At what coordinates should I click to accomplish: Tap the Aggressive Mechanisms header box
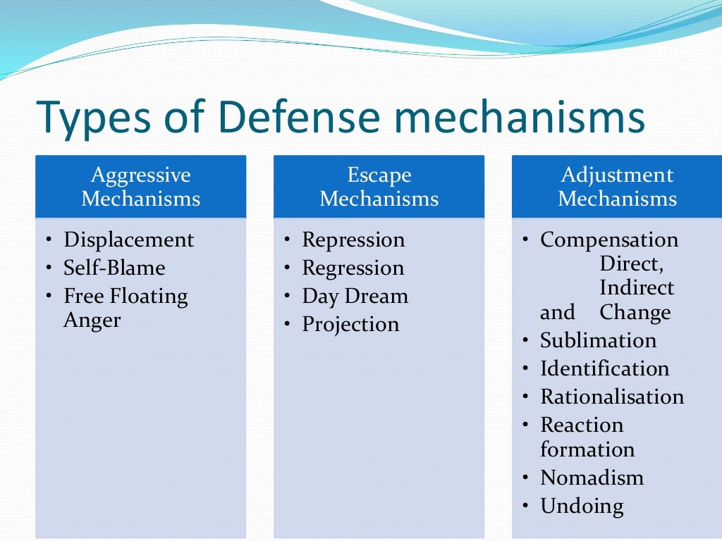click(x=140, y=187)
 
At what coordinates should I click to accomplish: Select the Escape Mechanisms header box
click(x=379, y=187)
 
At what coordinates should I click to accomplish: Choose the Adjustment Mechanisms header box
click(x=617, y=187)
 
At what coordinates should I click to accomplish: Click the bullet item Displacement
click(x=128, y=240)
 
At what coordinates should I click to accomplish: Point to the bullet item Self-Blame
click(x=114, y=268)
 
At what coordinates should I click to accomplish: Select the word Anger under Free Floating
click(x=92, y=321)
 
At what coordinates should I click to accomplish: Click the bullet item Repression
click(x=353, y=240)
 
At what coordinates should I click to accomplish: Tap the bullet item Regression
click(x=353, y=268)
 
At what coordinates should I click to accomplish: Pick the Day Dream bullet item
click(x=355, y=296)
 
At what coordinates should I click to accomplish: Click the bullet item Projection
click(x=350, y=324)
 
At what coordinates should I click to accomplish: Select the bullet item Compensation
click(x=609, y=240)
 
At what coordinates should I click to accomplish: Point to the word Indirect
click(x=637, y=288)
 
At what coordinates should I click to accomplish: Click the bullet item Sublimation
click(x=598, y=340)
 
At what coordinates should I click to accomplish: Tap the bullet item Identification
click(x=604, y=368)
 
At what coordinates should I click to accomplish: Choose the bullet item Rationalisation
click(x=612, y=397)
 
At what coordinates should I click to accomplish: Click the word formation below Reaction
click(x=587, y=449)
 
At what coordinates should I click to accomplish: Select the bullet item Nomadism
click(x=592, y=478)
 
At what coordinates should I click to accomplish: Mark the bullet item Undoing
click(x=582, y=506)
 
